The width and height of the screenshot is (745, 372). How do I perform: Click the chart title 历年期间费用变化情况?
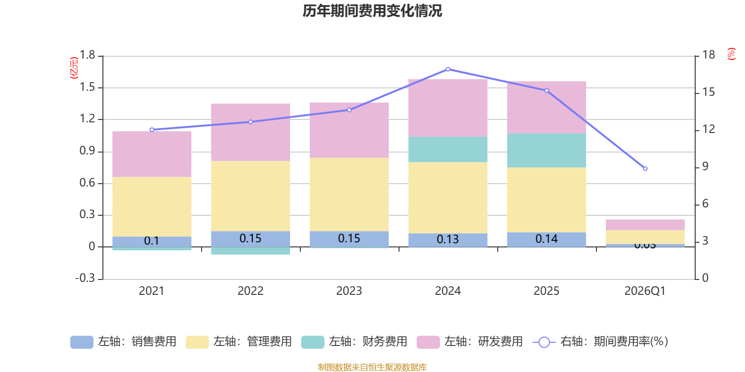click(372, 11)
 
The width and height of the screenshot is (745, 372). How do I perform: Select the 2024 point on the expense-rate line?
click(448, 69)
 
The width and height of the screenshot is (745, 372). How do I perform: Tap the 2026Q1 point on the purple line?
click(645, 168)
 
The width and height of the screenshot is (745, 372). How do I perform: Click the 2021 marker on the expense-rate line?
click(152, 130)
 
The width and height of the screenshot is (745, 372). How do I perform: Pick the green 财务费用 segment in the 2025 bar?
click(546, 150)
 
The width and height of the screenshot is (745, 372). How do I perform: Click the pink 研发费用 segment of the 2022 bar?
click(251, 132)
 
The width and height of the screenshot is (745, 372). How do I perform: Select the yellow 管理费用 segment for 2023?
click(349, 194)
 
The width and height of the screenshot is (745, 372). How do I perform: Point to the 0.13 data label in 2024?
click(447, 239)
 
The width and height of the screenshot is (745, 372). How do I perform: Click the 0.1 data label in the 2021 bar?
click(151, 241)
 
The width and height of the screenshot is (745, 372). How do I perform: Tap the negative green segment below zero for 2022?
click(251, 251)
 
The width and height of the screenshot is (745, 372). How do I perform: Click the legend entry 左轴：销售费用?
click(123, 342)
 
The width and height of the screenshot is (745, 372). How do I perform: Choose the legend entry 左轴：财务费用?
click(354, 342)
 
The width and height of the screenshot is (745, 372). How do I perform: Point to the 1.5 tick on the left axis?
click(87, 87)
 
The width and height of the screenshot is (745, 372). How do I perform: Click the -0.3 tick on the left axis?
click(85, 278)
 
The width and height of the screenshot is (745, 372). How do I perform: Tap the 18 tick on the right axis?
click(708, 55)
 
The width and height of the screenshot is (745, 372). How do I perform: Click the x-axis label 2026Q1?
click(645, 291)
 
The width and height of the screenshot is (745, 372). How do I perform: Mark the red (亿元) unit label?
click(74, 68)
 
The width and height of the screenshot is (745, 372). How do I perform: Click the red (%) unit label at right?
click(731, 54)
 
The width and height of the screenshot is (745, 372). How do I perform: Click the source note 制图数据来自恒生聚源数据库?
click(372, 367)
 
